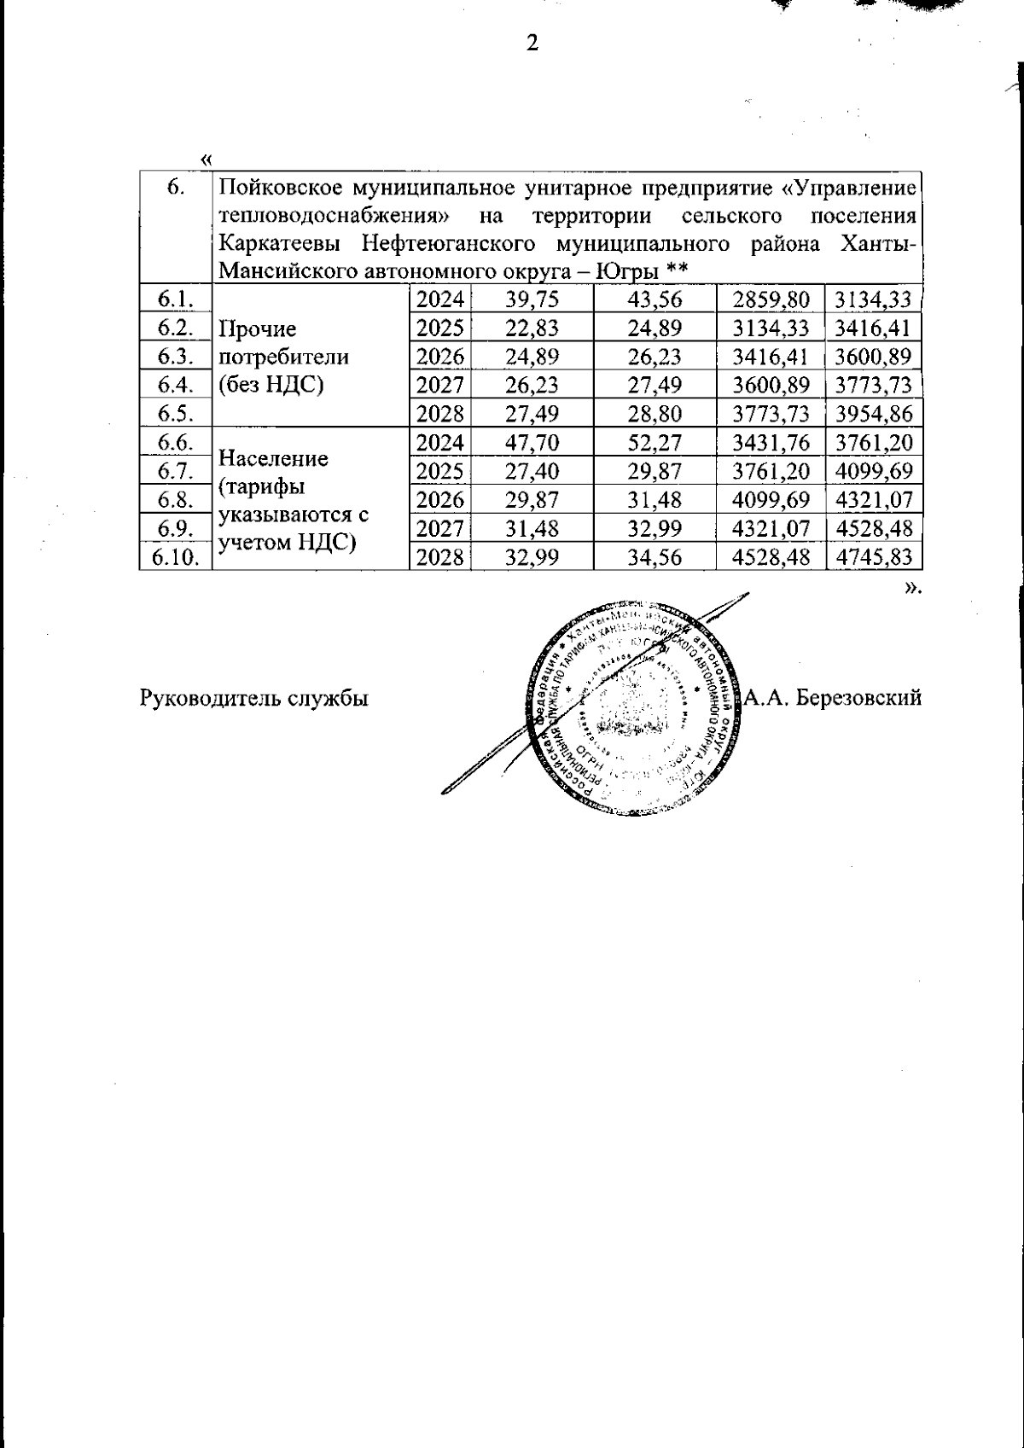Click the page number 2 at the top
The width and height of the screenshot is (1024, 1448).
[x=532, y=43]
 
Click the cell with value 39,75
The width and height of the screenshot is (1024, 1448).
[x=531, y=299]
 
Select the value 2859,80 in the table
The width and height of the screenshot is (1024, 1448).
[x=771, y=299]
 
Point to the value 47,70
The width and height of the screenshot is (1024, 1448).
[x=531, y=443]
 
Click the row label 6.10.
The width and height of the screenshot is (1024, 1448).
[x=176, y=558]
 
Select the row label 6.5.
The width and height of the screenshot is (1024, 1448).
[x=176, y=415]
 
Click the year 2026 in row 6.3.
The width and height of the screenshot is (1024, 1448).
[x=439, y=358]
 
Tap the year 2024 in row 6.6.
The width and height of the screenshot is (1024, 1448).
[x=439, y=443]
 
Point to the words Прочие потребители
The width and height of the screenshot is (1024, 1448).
[x=282, y=343]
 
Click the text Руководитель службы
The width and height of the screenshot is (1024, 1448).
[x=253, y=698]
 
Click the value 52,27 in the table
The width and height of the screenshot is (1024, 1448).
[x=654, y=443]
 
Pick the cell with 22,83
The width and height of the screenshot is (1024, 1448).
[x=531, y=329]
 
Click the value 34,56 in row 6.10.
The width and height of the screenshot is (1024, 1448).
[x=654, y=558]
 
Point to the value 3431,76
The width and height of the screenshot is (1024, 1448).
[x=771, y=443]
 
